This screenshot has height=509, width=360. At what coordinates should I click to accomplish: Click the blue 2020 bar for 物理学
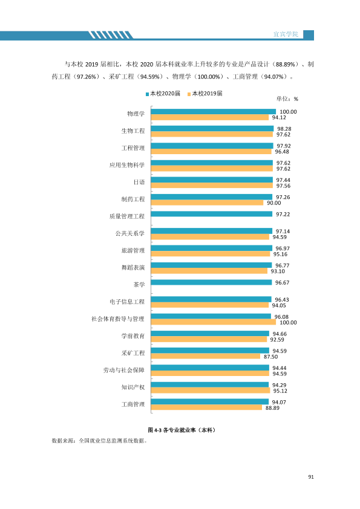[x=213, y=112]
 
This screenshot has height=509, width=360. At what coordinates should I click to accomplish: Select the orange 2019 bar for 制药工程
[x=207, y=203]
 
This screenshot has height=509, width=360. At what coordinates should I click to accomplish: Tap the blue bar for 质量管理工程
[x=212, y=214]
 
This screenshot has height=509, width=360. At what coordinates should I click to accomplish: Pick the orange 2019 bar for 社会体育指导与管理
[x=213, y=322]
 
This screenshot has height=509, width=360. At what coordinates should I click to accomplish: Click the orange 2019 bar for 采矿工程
[x=205, y=356]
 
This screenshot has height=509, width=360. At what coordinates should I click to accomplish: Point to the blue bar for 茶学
[x=211, y=282]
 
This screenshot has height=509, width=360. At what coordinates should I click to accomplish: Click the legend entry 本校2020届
[x=163, y=94]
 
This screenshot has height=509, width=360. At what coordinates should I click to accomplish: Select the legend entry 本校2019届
[x=205, y=94]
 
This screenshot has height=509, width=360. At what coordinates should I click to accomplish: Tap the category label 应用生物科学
[x=126, y=165]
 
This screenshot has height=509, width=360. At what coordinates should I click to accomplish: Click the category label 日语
[x=139, y=182]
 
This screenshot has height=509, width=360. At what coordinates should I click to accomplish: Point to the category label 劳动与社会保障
[x=124, y=370]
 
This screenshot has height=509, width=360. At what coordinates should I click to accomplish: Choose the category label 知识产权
[x=133, y=387]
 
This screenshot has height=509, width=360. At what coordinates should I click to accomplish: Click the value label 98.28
[x=284, y=129]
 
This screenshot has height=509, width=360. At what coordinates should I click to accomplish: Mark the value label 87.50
[x=270, y=357]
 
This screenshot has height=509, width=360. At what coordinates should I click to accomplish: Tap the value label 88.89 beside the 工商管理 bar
[x=272, y=408]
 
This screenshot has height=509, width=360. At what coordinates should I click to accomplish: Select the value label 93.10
[x=278, y=271]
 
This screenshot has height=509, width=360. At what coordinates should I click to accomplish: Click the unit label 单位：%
[x=287, y=99]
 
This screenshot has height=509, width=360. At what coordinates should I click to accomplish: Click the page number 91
[x=311, y=477]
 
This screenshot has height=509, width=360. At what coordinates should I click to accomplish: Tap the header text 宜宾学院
[x=286, y=34]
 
